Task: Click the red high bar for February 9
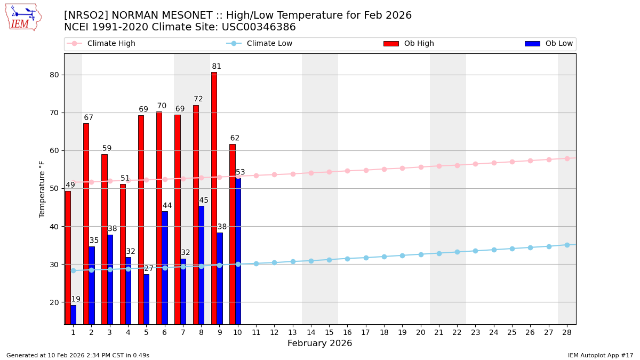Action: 214,197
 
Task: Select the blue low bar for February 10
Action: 238,251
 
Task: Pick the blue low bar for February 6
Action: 165,267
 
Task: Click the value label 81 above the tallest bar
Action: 217,67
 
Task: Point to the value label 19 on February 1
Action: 76,299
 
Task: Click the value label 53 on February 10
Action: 241,172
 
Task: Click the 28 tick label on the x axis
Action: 567,332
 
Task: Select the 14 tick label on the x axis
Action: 311,332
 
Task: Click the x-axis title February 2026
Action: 319,343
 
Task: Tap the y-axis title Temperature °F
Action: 42,189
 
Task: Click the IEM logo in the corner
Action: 23,17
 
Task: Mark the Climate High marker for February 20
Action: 421,167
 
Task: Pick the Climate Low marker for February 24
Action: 494,250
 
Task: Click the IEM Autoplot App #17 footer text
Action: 601,355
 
